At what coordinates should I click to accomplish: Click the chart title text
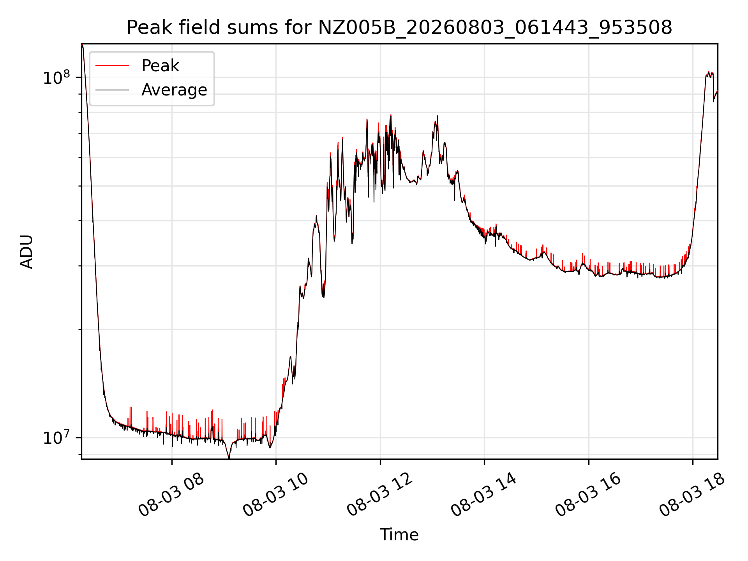[x=399, y=28]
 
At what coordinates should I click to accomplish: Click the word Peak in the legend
[x=160, y=66]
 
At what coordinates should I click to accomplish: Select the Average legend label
[x=174, y=90]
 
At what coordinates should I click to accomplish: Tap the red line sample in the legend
[x=112, y=65]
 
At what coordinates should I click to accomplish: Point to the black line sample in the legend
[x=112, y=90]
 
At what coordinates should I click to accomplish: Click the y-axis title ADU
[x=26, y=251]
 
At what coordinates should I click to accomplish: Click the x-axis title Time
[x=399, y=535]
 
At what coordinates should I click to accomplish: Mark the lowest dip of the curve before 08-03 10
[x=229, y=458]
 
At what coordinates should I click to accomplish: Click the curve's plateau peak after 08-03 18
[x=709, y=72]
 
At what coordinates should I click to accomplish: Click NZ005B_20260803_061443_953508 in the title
[x=495, y=28]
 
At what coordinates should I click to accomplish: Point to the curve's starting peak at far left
[x=82, y=45]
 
